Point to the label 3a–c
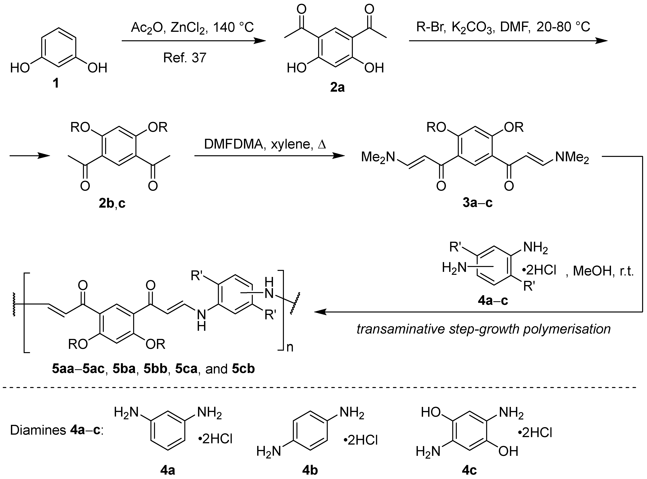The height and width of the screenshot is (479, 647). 477,203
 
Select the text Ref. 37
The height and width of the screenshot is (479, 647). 185,58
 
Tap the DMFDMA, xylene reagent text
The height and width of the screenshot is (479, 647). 265,144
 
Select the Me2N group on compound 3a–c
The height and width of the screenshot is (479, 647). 378,157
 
